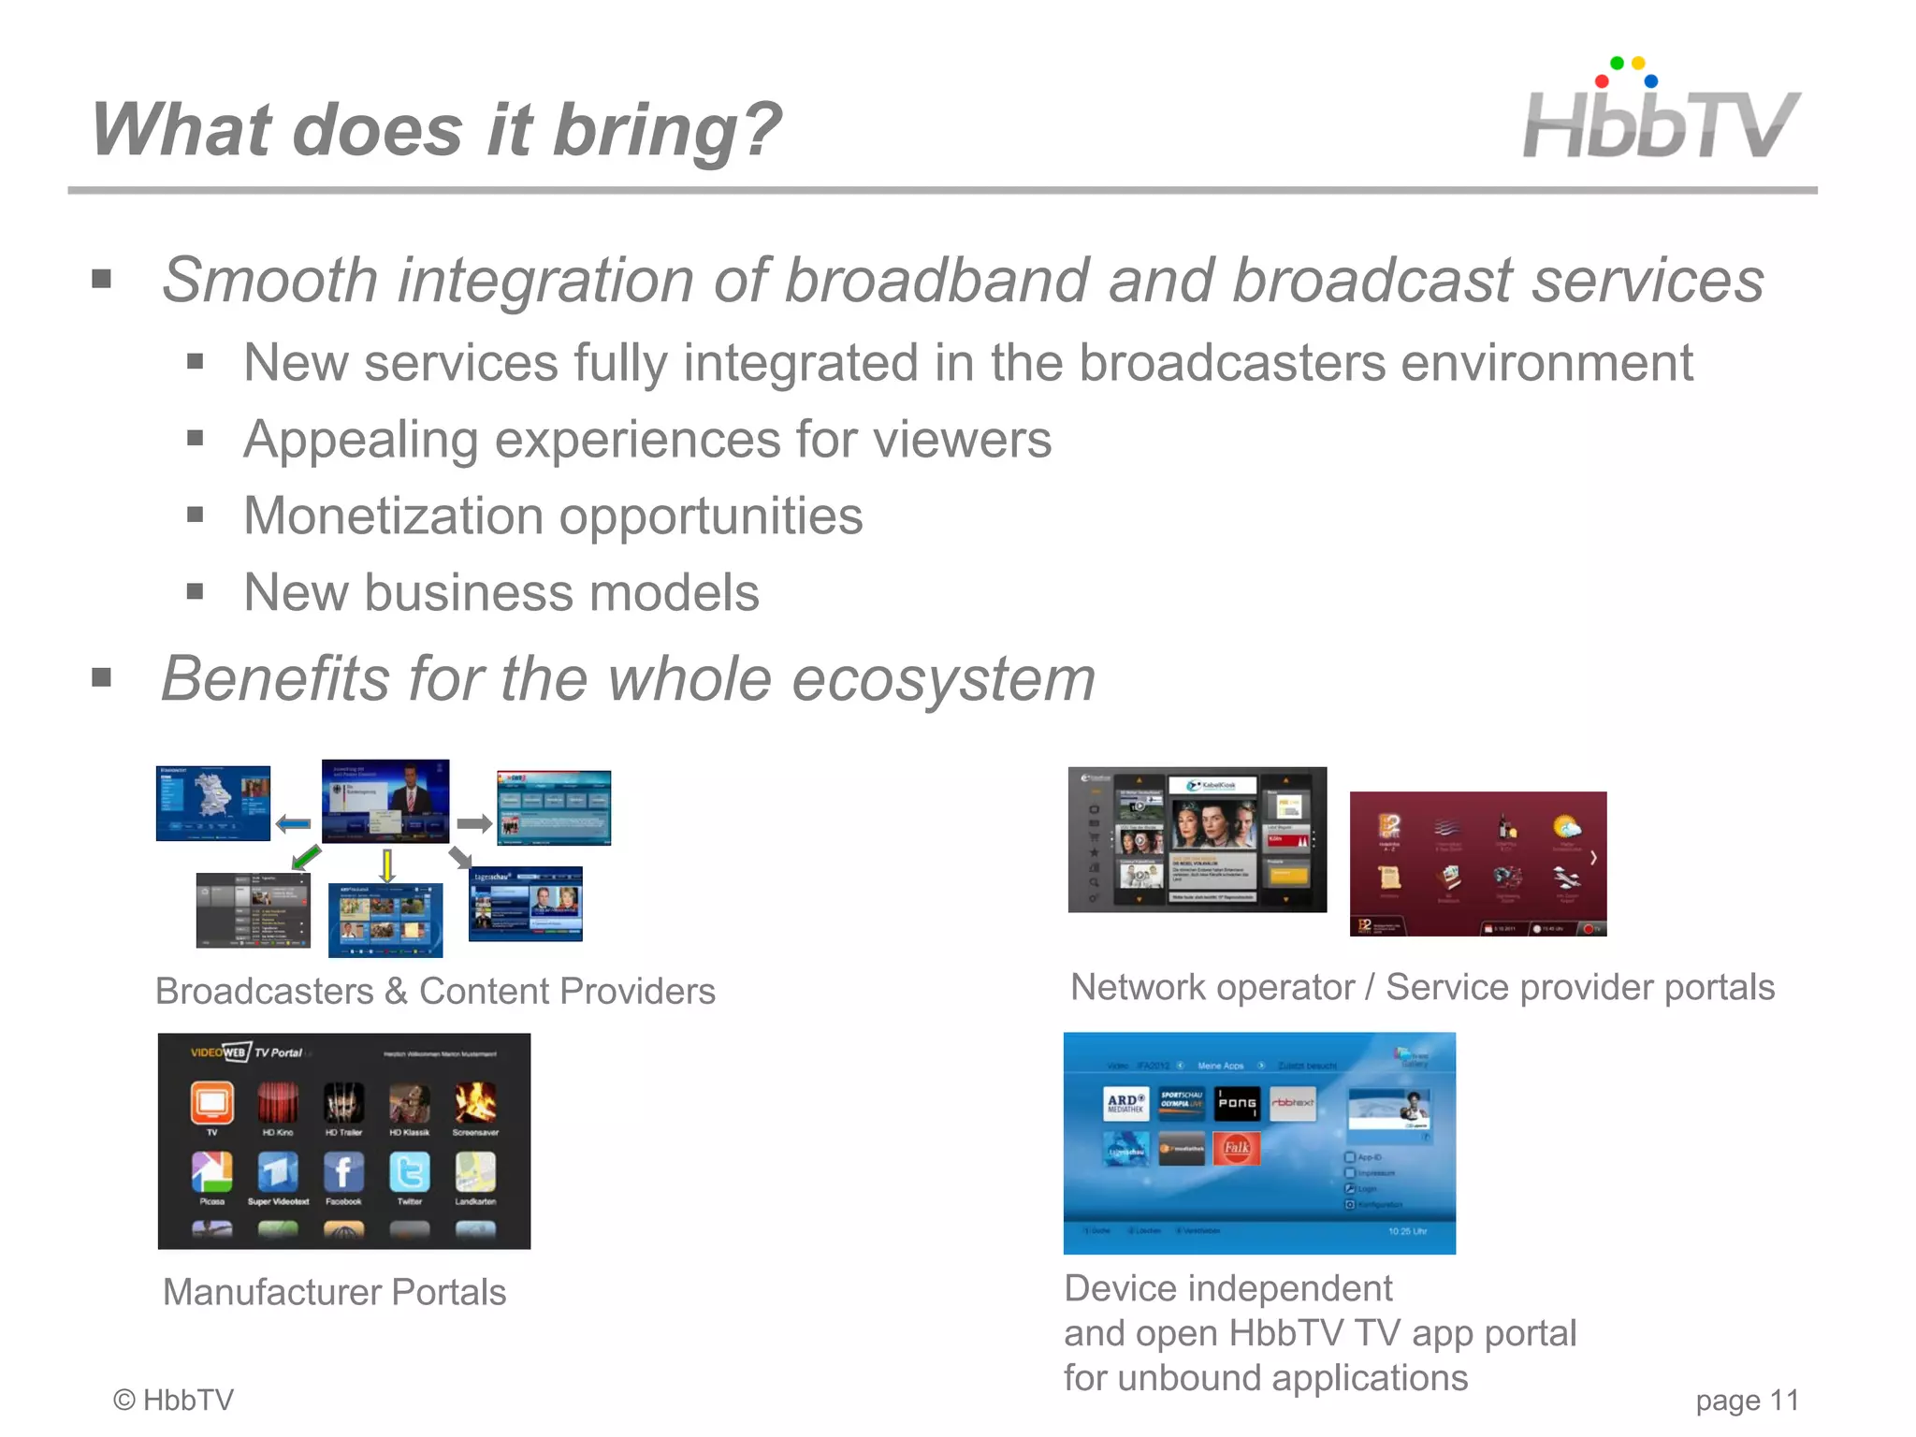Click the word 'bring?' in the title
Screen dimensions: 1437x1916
pyautogui.click(x=668, y=131)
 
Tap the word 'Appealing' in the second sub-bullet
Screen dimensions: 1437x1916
pyautogui.click(x=360, y=440)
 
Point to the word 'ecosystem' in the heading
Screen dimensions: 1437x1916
pyautogui.click(x=943, y=678)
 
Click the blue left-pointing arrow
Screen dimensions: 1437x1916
pyautogui.click(x=293, y=824)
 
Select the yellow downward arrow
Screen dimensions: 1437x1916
pyautogui.click(x=386, y=864)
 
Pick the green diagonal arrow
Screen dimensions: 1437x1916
pyautogui.click(x=306, y=856)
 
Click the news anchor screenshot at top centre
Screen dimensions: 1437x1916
pyautogui.click(x=385, y=801)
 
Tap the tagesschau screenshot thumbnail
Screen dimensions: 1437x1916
pyautogui.click(x=526, y=903)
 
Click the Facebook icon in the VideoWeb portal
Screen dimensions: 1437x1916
pyautogui.click(x=343, y=1172)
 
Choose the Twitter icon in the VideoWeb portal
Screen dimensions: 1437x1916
pyautogui.click(x=409, y=1172)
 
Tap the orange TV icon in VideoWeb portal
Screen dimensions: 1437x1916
pyautogui.click(x=212, y=1103)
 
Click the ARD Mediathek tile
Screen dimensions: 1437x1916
pyautogui.click(x=1125, y=1103)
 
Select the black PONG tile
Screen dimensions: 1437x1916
pyautogui.click(x=1237, y=1103)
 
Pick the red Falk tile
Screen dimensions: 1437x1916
pyautogui.click(x=1237, y=1148)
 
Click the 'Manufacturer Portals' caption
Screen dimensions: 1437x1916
pyautogui.click(x=334, y=1292)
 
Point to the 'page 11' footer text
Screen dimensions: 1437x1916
pyautogui.click(x=1747, y=1401)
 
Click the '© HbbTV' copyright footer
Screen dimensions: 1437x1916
pyautogui.click(x=173, y=1400)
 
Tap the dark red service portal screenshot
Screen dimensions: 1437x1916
pyautogui.click(x=1478, y=864)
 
